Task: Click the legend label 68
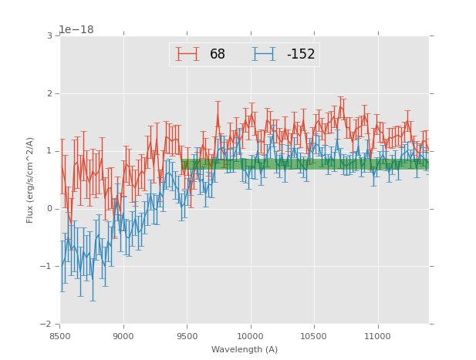click(x=218, y=55)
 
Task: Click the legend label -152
click(x=301, y=55)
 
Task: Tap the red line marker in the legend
click(x=187, y=54)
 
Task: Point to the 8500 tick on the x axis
click(x=60, y=336)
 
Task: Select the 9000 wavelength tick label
click(x=123, y=336)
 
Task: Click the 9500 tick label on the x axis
click(x=187, y=336)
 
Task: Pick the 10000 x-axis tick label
click(x=250, y=336)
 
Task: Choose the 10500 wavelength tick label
click(x=314, y=336)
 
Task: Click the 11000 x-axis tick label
click(x=377, y=336)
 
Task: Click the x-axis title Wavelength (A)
click(x=245, y=350)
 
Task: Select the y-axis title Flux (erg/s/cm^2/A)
click(x=31, y=180)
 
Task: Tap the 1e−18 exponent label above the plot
click(x=76, y=30)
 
